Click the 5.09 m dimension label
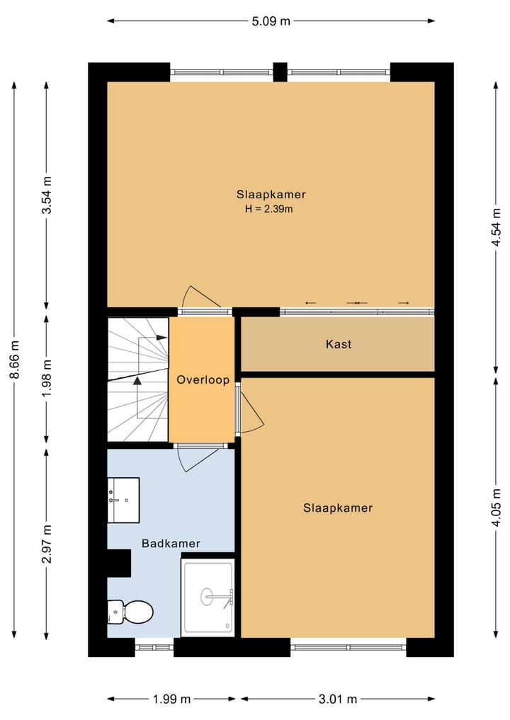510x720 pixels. coord(271,21)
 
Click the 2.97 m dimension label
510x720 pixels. coord(47,544)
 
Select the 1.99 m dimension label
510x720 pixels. coord(171,699)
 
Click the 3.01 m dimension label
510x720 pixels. coord(338,699)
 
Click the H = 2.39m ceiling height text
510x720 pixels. coord(268,209)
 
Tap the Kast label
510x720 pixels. coord(339,345)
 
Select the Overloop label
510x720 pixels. coord(203,380)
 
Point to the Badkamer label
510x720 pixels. coord(171,544)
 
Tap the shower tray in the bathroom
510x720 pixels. coord(208,597)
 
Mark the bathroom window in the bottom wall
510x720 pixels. coord(154,646)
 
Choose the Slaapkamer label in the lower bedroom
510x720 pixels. coord(338,508)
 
